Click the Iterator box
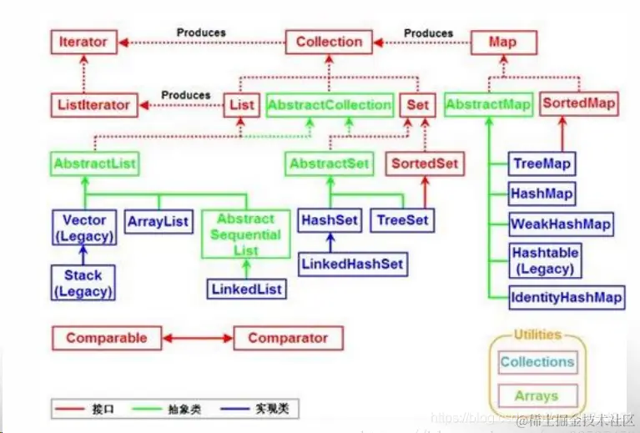(x=83, y=42)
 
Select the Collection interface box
(x=329, y=42)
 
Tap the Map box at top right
(x=503, y=42)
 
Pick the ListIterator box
(x=93, y=105)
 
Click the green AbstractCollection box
(x=329, y=105)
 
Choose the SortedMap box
(x=579, y=104)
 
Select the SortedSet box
(x=424, y=164)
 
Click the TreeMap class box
(x=542, y=164)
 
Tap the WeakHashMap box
(x=561, y=224)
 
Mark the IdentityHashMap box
(x=567, y=297)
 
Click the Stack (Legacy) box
(x=83, y=283)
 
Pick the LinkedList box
(x=246, y=289)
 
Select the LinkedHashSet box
(x=351, y=264)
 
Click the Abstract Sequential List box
(x=245, y=233)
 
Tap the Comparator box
(x=288, y=338)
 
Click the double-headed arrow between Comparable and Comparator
(x=196, y=338)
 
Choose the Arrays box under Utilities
(x=537, y=395)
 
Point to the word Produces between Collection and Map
(x=428, y=33)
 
